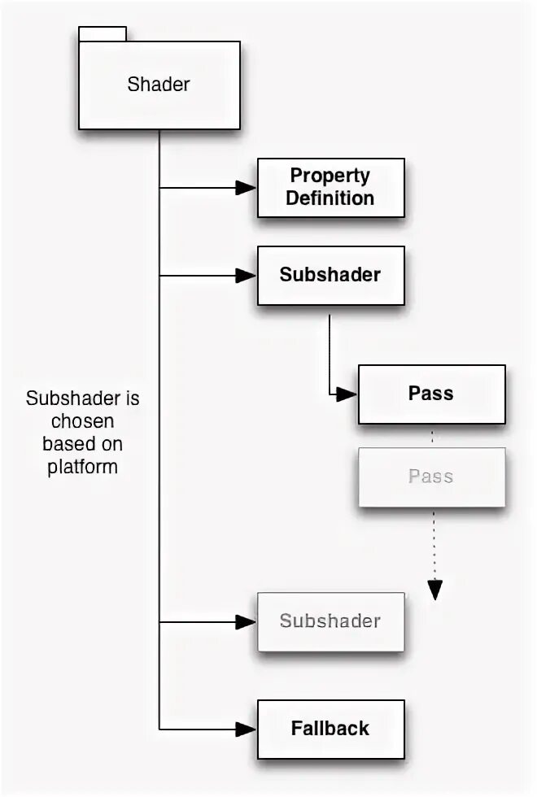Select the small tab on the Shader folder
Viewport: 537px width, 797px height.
pos(102,33)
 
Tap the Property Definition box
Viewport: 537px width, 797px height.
pos(330,187)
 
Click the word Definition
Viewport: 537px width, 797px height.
pos(330,198)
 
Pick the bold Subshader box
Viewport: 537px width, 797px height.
pos(330,275)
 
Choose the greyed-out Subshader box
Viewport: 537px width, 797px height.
pos(330,621)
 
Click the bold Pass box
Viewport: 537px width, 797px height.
pos(431,394)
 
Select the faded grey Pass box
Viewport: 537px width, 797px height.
pos(431,477)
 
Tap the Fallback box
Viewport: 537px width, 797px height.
pos(330,729)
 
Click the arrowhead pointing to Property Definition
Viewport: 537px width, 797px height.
pos(247,188)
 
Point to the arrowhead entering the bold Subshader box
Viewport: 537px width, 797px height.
pos(247,276)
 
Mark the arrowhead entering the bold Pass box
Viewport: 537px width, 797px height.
pos(347,394)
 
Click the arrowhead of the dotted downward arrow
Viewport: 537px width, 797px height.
pos(435,590)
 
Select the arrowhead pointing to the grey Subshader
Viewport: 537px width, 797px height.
pos(247,622)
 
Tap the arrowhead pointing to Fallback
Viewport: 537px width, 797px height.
pos(247,729)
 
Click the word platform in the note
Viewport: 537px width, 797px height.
pos(82,467)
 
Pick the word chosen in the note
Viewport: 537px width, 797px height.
pos(82,421)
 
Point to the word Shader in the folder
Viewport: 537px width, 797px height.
pos(159,84)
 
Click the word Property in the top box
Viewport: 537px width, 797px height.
pos(330,176)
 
